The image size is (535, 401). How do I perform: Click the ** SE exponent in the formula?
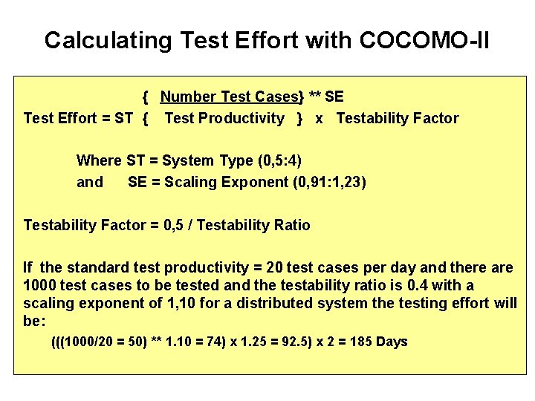click(x=326, y=97)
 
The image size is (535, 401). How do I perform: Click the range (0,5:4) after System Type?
click(x=279, y=161)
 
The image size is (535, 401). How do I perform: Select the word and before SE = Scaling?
click(x=90, y=182)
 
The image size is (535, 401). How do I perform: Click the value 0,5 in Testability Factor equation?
click(x=177, y=225)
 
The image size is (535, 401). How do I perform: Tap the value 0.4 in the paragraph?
click(x=413, y=285)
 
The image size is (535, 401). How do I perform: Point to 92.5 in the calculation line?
click(x=311, y=342)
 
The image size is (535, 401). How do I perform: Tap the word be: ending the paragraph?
click(x=34, y=321)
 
